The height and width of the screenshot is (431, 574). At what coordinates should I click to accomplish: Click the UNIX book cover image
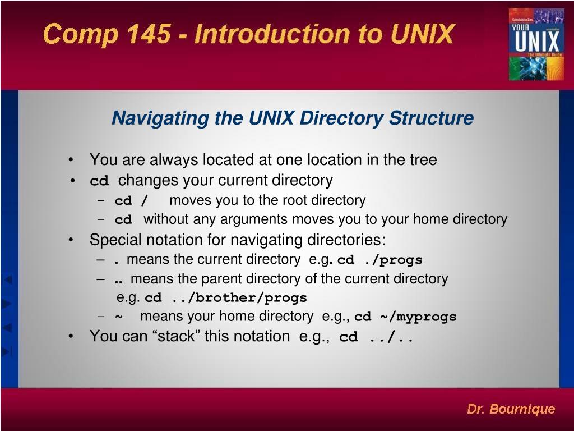(x=536, y=44)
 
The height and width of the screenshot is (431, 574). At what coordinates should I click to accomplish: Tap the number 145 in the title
(x=148, y=34)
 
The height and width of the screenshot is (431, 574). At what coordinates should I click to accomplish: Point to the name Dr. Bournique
(x=511, y=409)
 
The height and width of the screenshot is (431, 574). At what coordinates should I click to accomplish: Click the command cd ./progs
(x=379, y=260)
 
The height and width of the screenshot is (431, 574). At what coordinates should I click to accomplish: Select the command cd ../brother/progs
(x=226, y=297)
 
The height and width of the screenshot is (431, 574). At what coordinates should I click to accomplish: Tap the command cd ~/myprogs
(x=405, y=317)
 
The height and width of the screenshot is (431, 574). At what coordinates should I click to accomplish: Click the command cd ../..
(x=376, y=337)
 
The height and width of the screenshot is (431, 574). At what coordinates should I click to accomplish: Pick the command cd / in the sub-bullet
(x=132, y=201)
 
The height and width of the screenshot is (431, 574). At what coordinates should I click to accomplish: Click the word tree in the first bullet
(x=423, y=160)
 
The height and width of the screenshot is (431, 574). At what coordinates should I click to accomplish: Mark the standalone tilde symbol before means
(x=119, y=317)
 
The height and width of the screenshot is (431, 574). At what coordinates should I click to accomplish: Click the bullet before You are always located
(x=71, y=161)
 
